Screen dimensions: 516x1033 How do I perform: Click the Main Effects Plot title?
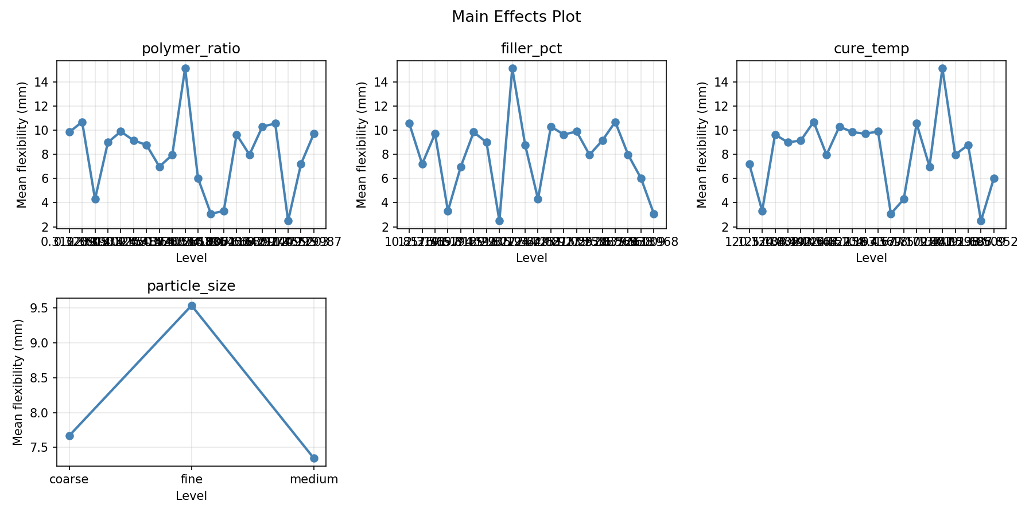point(516,17)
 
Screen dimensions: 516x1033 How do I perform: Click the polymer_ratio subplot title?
point(191,49)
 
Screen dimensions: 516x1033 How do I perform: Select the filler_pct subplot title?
point(531,49)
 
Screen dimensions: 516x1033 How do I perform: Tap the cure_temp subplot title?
point(871,49)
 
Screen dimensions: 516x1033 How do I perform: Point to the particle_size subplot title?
point(191,286)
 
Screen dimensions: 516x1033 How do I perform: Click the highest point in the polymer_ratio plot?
point(185,68)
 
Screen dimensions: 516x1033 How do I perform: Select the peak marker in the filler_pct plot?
point(512,68)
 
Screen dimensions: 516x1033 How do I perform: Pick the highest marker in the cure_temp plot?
point(942,68)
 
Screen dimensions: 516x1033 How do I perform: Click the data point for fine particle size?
point(192,306)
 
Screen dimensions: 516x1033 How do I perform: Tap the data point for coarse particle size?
point(69,436)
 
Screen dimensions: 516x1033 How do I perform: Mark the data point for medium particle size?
point(314,458)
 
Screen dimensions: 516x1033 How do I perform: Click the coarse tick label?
point(69,479)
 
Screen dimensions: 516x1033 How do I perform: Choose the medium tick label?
point(314,479)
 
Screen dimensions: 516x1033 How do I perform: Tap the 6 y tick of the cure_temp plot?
point(727,178)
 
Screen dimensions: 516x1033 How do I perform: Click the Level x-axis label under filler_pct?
point(531,259)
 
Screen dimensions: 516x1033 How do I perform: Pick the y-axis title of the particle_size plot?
point(18,382)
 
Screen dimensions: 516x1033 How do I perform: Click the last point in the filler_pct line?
point(654,214)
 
